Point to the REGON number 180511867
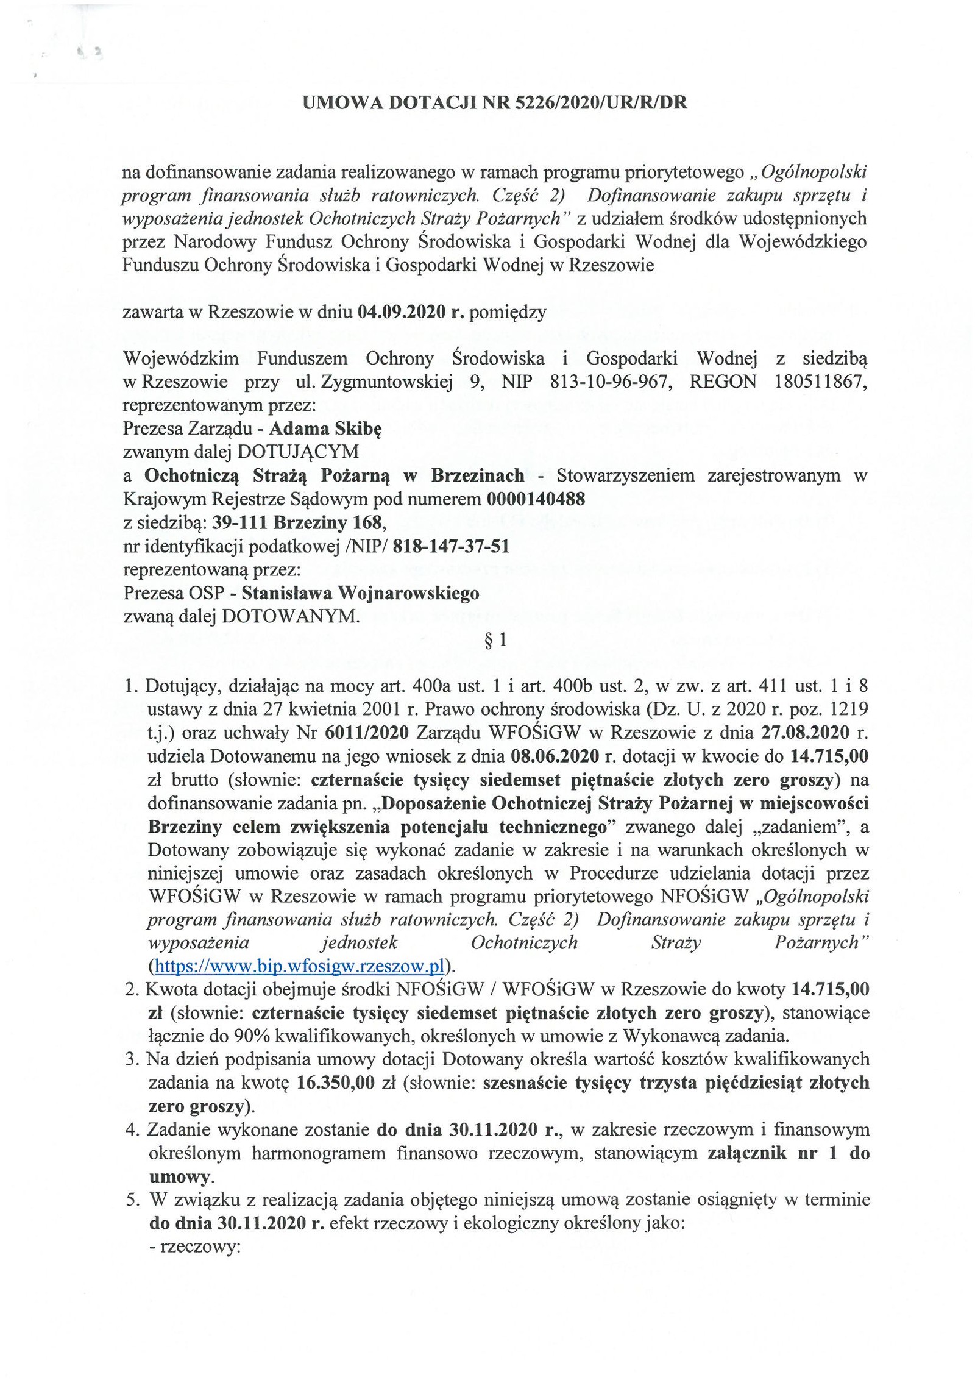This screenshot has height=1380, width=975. pyautogui.click(x=819, y=382)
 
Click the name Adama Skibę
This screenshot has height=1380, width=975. pyautogui.click(x=325, y=429)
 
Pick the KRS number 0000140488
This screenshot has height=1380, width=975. pyautogui.click(x=536, y=499)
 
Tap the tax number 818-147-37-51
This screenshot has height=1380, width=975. pyautogui.click(x=452, y=546)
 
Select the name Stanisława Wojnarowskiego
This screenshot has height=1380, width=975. pyautogui.click(x=360, y=593)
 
